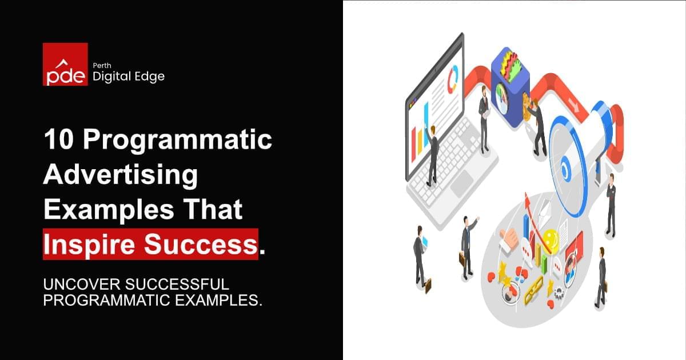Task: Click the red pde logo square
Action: (x=65, y=64)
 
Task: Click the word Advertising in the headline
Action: (x=120, y=175)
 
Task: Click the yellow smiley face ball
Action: (x=550, y=237)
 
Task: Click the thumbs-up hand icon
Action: (x=508, y=239)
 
